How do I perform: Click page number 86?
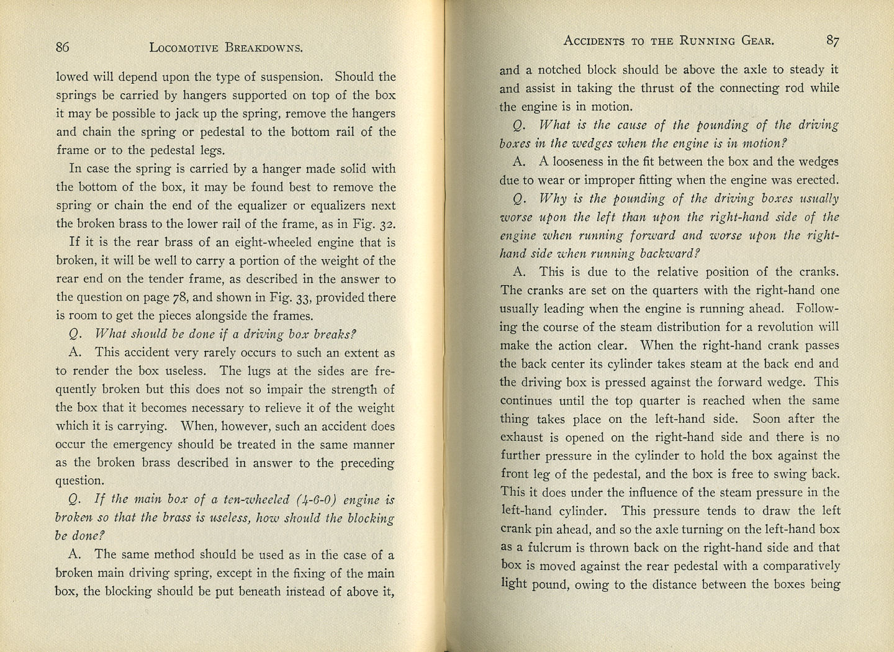pyautogui.click(x=62, y=47)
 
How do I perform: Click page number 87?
pyautogui.click(x=832, y=41)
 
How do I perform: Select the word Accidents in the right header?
pyautogui.click(x=594, y=42)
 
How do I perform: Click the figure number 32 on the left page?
pyautogui.click(x=386, y=224)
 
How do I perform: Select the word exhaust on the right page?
pyautogui.click(x=521, y=438)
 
